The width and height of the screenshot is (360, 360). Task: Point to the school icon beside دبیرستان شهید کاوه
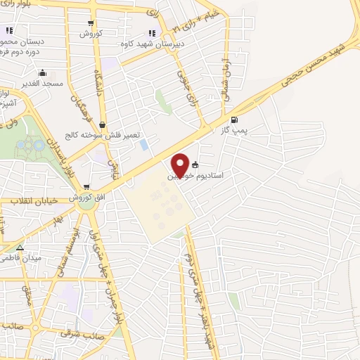pyautogui.click(x=152, y=32)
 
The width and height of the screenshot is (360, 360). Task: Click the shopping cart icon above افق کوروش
pyautogui.click(x=86, y=187)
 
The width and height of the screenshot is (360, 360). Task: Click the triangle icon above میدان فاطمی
pyautogui.click(x=20, y=248)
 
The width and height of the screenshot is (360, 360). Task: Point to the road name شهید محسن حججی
pyautogui.click(x=309, y=63)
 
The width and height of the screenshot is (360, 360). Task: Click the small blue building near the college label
pyautogui.click(x=144, y=145)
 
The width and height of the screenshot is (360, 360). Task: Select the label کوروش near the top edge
pyautogui.click(x=91, y=33)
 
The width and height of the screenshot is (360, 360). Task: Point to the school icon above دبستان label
pyautogui.click(x=9, y=30)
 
